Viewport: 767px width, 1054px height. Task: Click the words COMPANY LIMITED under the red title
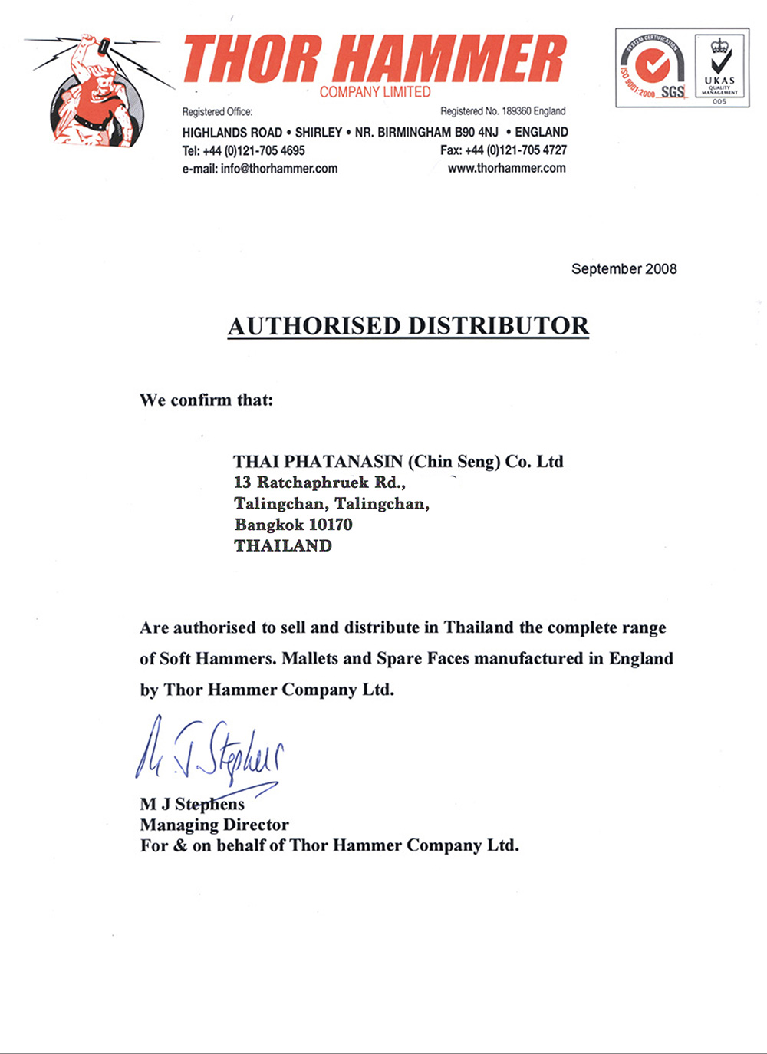pyautogui.click(x=375, y=92)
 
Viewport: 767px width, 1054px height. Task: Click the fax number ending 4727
pyautogui.click(x=515, y=150)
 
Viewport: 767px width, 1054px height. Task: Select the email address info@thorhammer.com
pyautogui.click(x=279, y=169)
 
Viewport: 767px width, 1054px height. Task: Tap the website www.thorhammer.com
pyautogui.click(x=507, y=168)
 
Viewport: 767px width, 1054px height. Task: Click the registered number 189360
pyautogui.click(x=516, y=111)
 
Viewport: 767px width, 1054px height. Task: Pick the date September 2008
pyautogui.click(x=624, y=268)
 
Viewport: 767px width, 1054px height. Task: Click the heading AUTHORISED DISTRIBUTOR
pyautogui.click(x=408, y=326)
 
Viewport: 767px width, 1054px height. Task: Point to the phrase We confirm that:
pyautogui.click(x=206, y=400)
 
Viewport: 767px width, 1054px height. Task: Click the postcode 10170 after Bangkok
pyautogui.click(x=331, y=525)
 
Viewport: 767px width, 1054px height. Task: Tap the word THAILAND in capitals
pyautogui.click(x=283, y=545)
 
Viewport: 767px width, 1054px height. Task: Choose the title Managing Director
pyautogui.click(x=215, y=825)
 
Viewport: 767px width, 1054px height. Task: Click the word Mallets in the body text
pyautogui.click(x=310, y=658)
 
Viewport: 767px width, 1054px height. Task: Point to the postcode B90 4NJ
pyautogui.click(x=476, y=132)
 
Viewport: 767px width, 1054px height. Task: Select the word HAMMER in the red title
pyautogui.click(x=451, y=60)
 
